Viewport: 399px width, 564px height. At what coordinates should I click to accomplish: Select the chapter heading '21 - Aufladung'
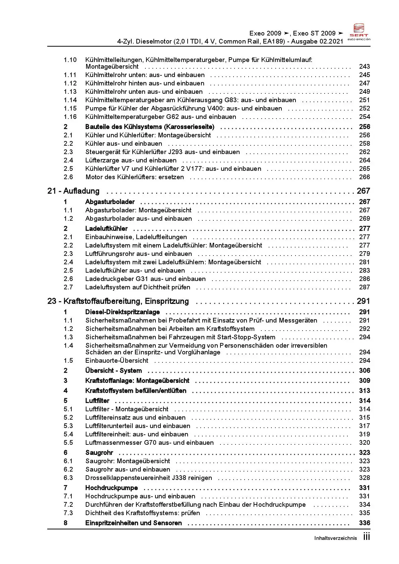pos(73,191)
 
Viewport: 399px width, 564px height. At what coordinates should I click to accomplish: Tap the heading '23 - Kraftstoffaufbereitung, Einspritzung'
pos(118,301)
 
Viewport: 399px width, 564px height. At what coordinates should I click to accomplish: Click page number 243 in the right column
pos(364,67)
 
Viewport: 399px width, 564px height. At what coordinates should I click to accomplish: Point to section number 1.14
pos(70,100)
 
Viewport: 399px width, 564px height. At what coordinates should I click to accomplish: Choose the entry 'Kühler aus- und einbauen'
pos(124,144)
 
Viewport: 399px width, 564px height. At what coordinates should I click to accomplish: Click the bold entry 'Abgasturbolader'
pos(110,202)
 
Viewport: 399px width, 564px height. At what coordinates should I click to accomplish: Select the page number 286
pos(364,279)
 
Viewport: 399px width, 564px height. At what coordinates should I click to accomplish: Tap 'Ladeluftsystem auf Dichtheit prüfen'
pos(137,287)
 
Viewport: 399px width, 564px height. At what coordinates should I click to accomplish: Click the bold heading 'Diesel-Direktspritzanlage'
pos(122,312)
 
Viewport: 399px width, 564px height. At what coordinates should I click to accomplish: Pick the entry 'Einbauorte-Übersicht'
pos(117,360)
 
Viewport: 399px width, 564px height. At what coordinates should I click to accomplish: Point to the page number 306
pos(364,370)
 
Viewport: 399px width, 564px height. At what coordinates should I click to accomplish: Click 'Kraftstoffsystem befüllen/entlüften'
pos(136,391)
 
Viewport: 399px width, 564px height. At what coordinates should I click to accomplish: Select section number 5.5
pos(68,442)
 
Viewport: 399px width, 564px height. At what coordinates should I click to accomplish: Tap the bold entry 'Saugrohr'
pos(99,452)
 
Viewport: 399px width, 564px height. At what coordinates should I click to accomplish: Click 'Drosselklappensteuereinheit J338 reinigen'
pos(148,478)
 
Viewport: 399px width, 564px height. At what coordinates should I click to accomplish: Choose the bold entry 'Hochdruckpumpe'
pos(112,488)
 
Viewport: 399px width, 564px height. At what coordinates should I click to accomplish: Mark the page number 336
pos(364,523)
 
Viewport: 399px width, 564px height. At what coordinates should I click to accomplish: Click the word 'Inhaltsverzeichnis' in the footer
pos(335,538)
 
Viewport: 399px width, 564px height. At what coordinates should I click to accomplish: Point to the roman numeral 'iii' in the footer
pos(367,537)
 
